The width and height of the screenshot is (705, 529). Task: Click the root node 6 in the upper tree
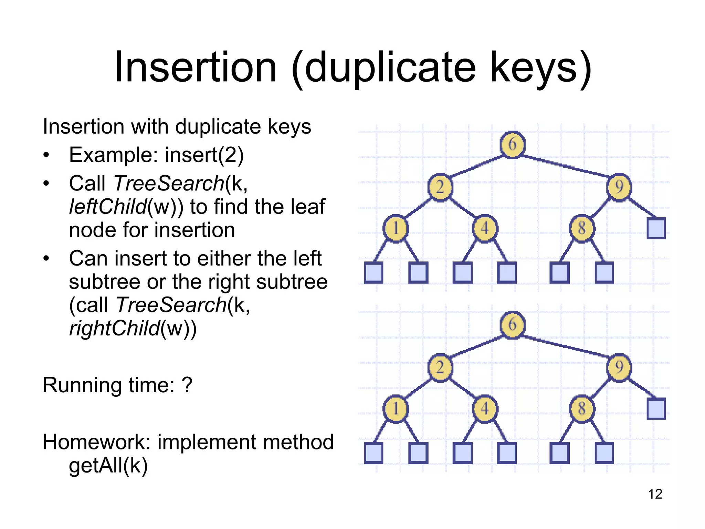pos(513,145)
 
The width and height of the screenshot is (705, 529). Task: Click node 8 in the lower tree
pos(582,409)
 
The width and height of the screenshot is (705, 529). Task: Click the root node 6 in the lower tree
pos(513,325)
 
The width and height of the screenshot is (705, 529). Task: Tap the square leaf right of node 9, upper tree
pos(656,228)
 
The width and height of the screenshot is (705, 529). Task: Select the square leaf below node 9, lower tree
pos(656,409)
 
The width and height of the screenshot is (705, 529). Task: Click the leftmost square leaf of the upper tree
pos(373,273)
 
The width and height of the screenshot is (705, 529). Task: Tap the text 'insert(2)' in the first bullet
pos(204,155)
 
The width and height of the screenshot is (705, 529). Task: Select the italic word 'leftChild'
pos(108,207)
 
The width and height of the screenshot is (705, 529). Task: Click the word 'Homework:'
pos(97,442)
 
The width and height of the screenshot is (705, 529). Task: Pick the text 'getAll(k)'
pos(108,466)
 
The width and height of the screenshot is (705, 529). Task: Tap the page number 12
pos(655,494)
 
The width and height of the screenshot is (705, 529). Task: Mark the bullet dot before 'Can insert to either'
pos(46,258)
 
